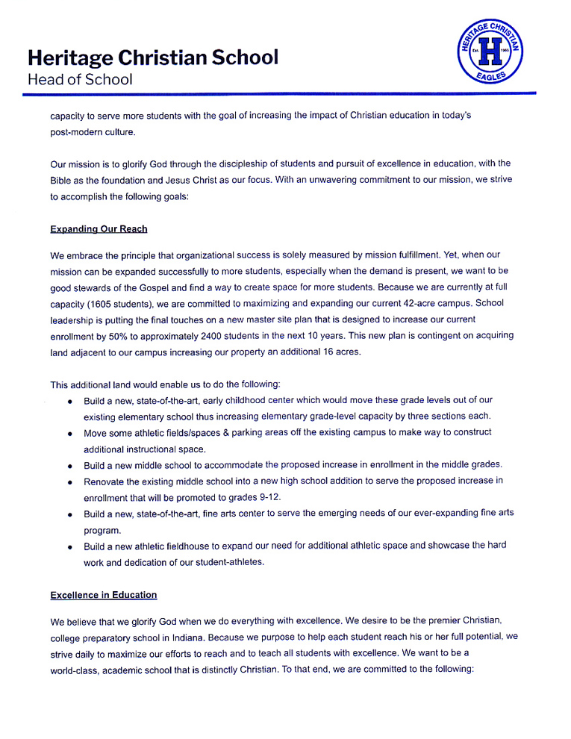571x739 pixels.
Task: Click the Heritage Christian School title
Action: pos(153,57)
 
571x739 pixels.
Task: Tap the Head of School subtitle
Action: pos(80,79)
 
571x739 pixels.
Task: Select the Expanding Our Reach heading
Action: pos(99,228)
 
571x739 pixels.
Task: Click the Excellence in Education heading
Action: pos(104,595)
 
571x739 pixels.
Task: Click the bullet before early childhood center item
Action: pos(69,401)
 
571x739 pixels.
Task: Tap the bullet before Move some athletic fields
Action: pos(69,433)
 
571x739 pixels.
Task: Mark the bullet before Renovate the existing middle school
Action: pos(69,482)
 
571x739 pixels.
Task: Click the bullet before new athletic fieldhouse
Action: pos(69,547)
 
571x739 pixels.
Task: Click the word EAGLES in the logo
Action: pos(490,75)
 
